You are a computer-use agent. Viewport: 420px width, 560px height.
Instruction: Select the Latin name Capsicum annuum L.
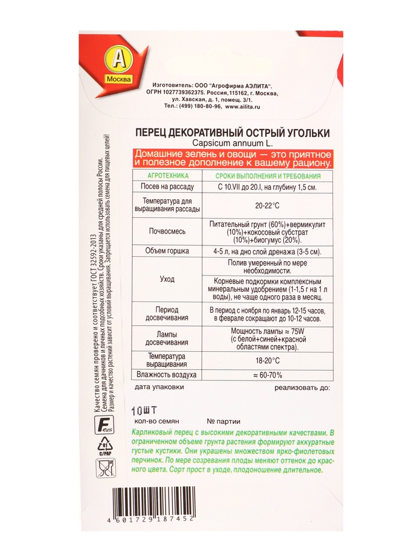click(232, 143)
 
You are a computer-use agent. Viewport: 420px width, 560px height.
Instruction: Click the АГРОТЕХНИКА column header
click(164, 176)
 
